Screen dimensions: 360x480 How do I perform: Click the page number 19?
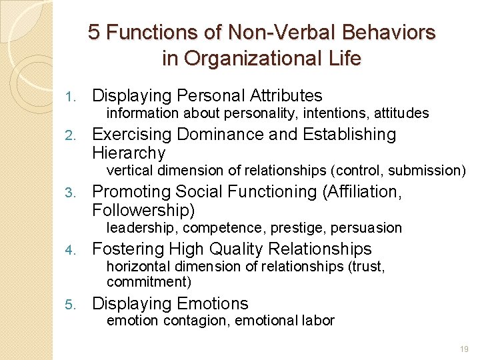click(x=464, y=349)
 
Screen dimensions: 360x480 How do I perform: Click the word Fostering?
click(x=128, y=249)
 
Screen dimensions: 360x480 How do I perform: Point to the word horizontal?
click(x=139, y=267)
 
